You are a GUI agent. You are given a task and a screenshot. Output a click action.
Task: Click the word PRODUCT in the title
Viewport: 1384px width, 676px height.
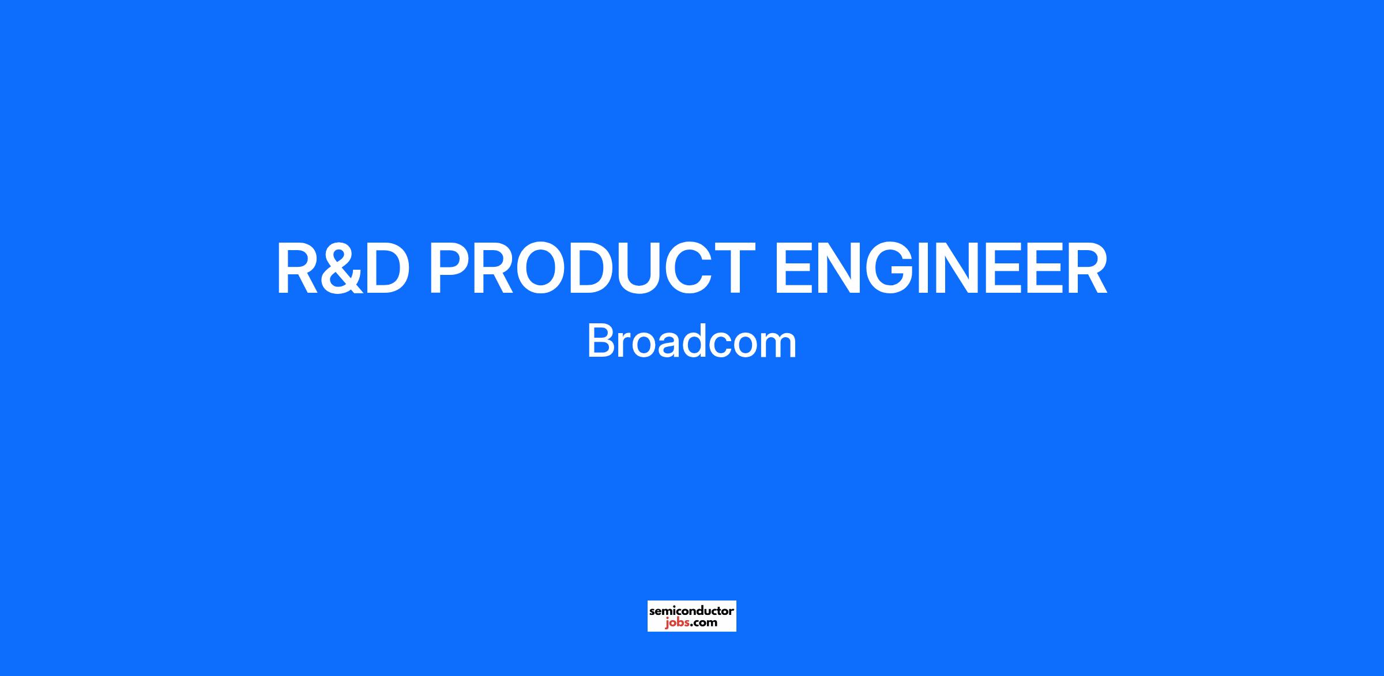pos(592,269)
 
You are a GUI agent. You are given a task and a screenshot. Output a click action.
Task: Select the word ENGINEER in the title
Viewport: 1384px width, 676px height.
pos(940,269)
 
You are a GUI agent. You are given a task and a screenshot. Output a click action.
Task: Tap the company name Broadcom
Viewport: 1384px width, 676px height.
pos(691,341)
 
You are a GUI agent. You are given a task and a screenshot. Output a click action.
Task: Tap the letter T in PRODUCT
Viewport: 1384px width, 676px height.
pos(732,269)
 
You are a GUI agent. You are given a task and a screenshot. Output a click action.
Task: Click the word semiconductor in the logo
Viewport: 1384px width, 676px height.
pos(691,610)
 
